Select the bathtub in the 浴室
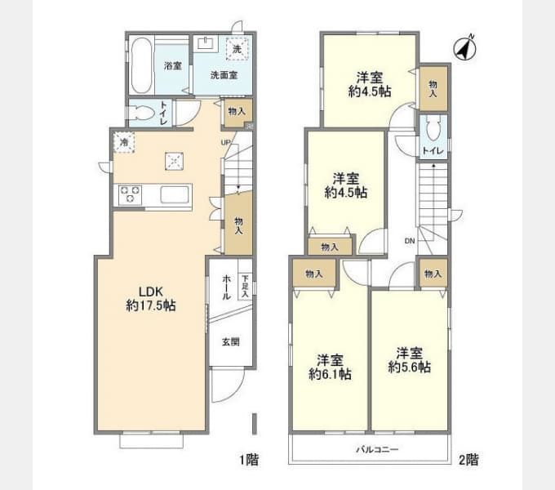(141, 66)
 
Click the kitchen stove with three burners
(130, 196)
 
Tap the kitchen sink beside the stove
(175, 196)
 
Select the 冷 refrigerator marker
(123, 142)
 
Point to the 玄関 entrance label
(230, 342)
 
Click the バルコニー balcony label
(376, 450)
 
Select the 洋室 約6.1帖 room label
(330, 367)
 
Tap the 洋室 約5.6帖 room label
(410, 360)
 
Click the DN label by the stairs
(409, 241)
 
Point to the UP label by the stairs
(224, 143)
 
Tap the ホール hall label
(226, 287)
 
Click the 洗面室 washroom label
(223, 75)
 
